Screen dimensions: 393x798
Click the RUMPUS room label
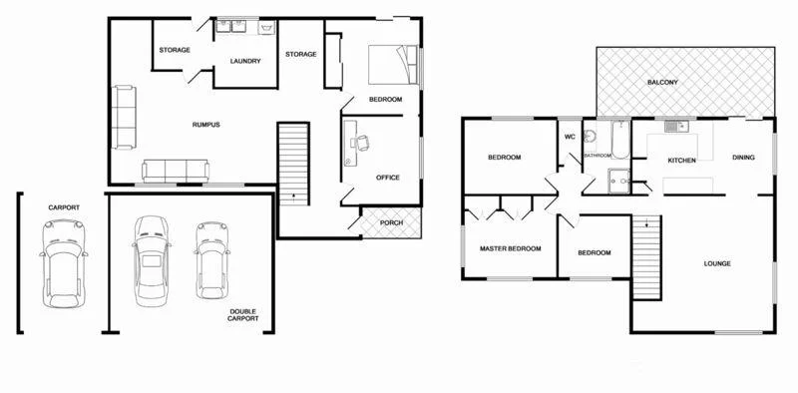(205, 125)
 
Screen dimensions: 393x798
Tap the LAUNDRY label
(245, 61)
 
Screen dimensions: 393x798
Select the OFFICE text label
(388, 178)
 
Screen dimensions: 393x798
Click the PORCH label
(392, 222)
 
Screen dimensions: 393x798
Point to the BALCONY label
(664, 82)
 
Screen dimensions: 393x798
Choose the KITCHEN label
(682, 161)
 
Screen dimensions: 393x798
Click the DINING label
(743, 157)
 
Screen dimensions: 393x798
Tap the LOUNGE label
(717, 263)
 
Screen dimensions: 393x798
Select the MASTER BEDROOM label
(510, 247)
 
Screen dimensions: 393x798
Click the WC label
(570, 137)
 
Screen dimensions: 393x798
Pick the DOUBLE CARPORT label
(243, 315)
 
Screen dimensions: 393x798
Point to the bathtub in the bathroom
(617, 143)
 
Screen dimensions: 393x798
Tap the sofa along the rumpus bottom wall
(176, 172)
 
